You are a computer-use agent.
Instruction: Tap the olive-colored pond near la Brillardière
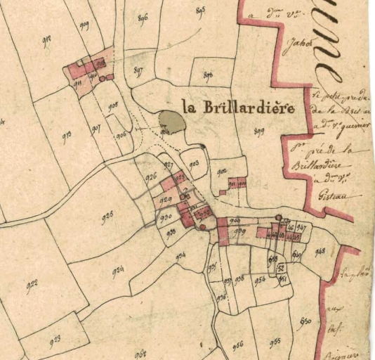point(171,123)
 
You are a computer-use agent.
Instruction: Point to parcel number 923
point(55,340)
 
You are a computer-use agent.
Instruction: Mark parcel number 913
point(67,136)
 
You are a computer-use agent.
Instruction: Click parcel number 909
point(84,26)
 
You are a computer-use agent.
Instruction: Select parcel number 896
point(143,18)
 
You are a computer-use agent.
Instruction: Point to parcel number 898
point(207,75)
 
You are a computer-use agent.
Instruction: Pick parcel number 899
point(258,131)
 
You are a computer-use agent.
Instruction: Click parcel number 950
point(305,321)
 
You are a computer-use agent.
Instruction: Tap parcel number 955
point(275,341)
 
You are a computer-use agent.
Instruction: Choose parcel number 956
point(237,345)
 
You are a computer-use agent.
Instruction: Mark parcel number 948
point(320,252)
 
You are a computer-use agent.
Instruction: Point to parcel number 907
point(96,129)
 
